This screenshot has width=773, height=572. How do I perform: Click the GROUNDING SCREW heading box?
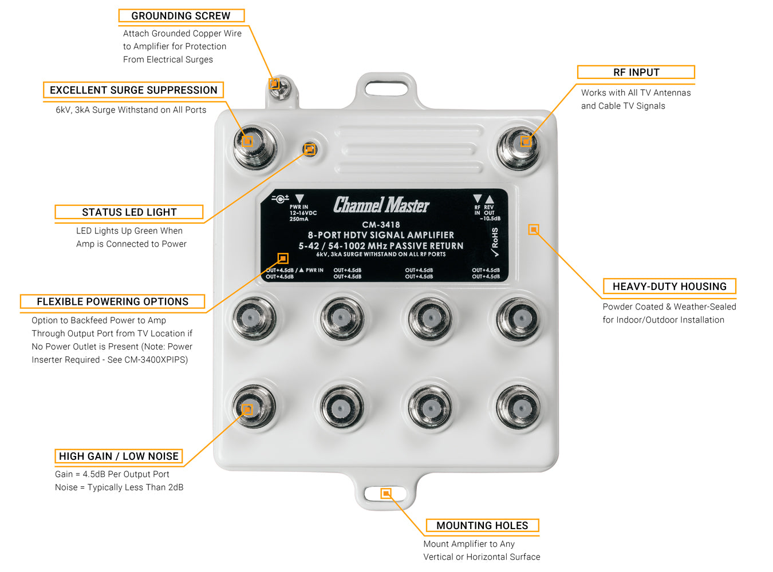pos(181,16)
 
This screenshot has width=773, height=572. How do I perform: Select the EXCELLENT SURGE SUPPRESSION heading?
pos(133,90)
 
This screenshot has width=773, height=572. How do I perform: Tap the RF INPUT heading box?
pos(636,72)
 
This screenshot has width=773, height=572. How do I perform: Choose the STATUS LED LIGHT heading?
pos(129,212)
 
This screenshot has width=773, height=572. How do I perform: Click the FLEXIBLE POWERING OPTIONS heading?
pos(112,301)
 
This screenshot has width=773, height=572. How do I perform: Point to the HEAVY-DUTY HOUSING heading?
pos(669,287)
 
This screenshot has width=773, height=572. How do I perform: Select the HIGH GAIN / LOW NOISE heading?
pos(119,456)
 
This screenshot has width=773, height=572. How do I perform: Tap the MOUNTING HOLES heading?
pos(482,526)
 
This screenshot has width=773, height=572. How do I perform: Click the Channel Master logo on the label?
pos(381,205)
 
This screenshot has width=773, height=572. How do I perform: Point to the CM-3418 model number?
pos(381,225)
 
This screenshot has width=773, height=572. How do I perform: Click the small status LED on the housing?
pos(310,149)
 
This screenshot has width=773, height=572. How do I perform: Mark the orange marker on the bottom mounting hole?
pos(386,493)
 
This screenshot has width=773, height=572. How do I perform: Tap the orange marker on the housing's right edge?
pos(534,229)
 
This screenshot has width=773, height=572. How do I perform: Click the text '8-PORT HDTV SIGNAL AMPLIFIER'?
pos(381,235)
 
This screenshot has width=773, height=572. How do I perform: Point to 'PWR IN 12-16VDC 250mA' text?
pos(302,213)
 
